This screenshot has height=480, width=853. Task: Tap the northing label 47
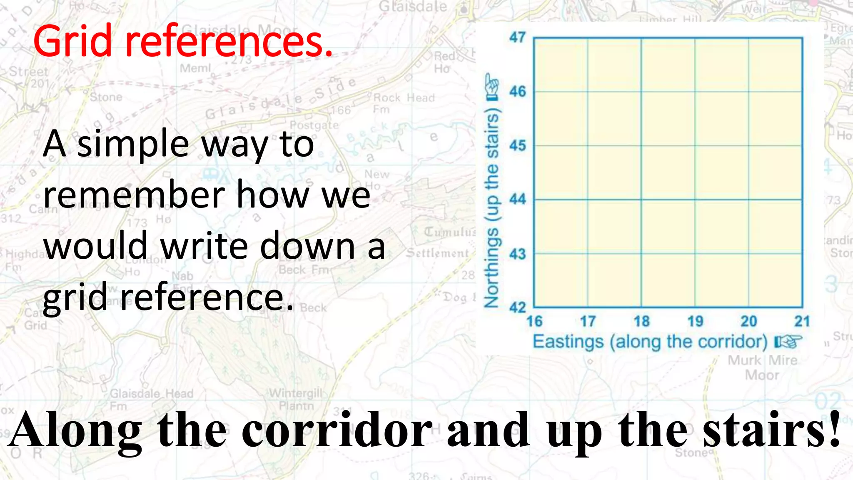518,37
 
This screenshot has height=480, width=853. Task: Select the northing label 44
518,200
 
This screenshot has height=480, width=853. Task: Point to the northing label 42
518,307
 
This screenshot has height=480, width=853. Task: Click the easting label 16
534,321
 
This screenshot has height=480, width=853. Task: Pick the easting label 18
641,321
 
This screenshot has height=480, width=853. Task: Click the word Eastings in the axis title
568,342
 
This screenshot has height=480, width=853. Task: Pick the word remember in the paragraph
133,196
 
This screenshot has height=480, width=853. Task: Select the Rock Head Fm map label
403,103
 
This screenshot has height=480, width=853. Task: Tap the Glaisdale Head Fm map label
152,399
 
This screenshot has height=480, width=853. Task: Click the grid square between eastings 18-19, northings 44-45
668,173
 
